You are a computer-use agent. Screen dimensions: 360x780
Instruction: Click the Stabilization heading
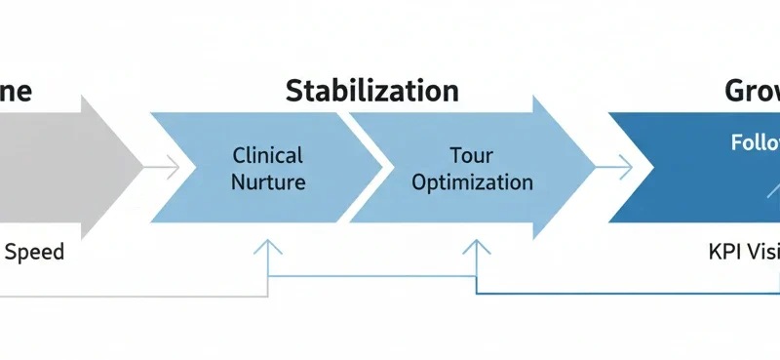coord(371,92)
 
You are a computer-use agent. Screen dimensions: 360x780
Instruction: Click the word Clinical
coord(268,155)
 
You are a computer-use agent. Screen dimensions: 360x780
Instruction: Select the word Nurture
coord(268,182)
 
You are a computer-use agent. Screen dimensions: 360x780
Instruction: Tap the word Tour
coord(472,155)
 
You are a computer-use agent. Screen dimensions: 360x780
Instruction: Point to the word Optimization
coord(472,182)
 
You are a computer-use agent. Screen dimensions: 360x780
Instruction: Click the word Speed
coord(34,252)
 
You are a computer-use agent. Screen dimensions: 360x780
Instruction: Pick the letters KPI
coord(726,252)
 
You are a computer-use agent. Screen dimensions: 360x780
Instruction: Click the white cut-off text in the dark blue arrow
coord(757,142)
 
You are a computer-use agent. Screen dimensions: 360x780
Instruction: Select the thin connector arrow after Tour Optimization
coord(613,169)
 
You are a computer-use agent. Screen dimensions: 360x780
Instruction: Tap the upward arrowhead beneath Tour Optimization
coord(476,248)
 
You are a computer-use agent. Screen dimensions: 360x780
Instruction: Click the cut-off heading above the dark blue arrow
coord(752,92)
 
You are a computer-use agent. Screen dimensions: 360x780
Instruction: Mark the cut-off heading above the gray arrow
coord(17,92)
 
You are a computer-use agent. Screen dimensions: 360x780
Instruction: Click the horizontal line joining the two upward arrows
coord(370,276)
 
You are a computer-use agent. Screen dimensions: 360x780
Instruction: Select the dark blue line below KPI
coord(634,294)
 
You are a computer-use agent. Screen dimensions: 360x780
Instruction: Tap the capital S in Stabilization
coord(293,92)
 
